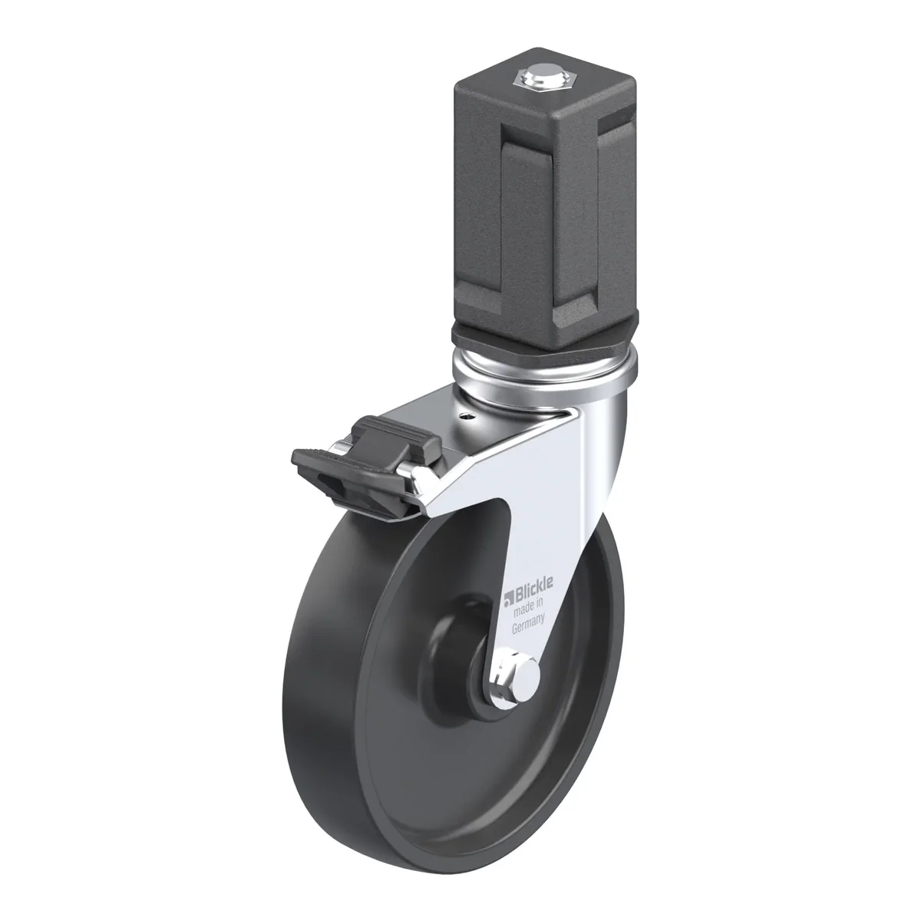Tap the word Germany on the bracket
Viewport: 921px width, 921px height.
click(x=528, y=625)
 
